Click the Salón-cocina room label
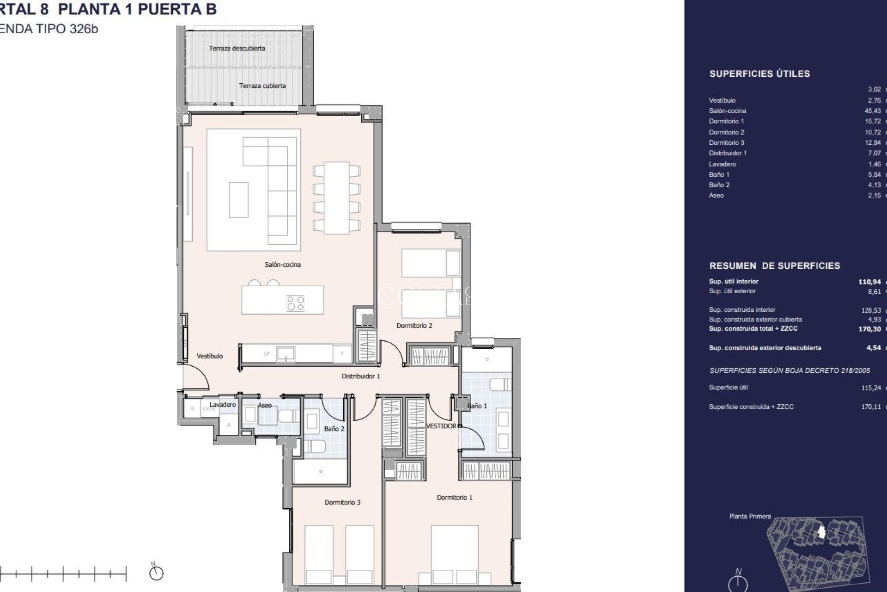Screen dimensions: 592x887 pyautogui.click(x=282, y=265)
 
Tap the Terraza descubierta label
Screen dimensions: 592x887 pyautogui.click(x=237, y=48)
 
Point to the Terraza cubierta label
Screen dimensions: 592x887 pyautogui.click(x=262, y=86)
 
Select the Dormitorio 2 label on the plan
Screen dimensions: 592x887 pyautogui.click(x=414, y=326)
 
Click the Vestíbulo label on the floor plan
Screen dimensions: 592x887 pyautogui.click(x=209, y=356)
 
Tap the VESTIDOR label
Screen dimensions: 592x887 pyautogui.click(x=441, y=426)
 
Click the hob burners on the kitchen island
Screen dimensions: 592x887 pyautogui.click(x=296, y=303)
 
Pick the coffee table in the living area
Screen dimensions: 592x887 pyautogui.click(x=238, y=200)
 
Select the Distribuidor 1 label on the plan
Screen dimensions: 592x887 pyautogui.click(x=360, y=376)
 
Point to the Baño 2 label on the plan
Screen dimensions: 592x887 pyautogui.click(x=334, y=429)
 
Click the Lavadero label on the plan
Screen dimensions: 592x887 pyautogui.click(x=222, y=405)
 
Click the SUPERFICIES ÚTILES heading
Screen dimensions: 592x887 pyautogui.click(x=759, y=74)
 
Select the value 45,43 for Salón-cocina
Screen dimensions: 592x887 pyautogui.click(x=872, y=111)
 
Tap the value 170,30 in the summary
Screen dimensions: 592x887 pyautogui.click(x=869, y=329)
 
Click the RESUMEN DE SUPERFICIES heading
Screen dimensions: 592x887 pyautogui.click(x=774, y=266)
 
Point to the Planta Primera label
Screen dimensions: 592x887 pyautogui.click(x=750, y=516)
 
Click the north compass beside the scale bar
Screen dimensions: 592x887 pyautogui.click(x=157, y=573)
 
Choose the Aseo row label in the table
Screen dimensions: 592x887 pyautogui.click(x=716, y=196)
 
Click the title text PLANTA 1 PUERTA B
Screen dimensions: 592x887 pyautogui.click(x=137, y=9)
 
